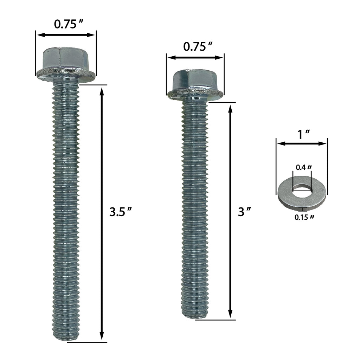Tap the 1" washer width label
302,134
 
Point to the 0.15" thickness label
304,217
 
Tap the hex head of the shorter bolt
195,80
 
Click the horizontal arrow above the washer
302,143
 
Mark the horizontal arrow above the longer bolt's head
66,35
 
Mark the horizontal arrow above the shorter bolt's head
195,57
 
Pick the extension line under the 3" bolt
215,320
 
